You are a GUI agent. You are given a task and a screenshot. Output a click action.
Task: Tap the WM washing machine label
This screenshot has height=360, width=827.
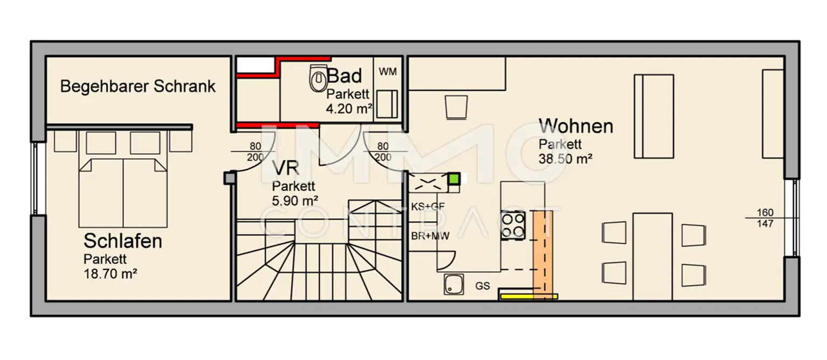point(388,72)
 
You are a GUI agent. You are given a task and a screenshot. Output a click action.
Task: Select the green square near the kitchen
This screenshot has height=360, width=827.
point(454,179)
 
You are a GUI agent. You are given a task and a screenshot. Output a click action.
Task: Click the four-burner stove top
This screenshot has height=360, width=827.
point(513,225)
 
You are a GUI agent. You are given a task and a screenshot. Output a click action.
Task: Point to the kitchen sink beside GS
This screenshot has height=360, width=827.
point(454,284)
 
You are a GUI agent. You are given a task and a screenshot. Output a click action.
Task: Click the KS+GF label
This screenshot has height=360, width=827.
point(428,207)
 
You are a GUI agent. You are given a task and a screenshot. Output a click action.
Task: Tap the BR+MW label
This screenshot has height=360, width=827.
point(430,236)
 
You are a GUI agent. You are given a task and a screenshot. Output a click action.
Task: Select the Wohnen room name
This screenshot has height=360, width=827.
point(576,126)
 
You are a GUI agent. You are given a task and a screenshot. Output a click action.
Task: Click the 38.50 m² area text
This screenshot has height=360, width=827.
point(565,159)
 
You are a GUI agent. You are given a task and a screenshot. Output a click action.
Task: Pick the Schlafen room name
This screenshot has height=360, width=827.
point(123,241)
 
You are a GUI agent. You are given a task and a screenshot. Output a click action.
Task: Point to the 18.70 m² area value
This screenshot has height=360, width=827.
point(110,274)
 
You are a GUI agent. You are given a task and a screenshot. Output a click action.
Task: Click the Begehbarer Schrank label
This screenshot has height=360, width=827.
point(138,86)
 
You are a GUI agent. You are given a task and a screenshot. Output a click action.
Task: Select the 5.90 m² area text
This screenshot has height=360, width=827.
point(295,201)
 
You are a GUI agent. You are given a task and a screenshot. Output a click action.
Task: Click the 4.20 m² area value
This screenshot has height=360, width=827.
point(349,109)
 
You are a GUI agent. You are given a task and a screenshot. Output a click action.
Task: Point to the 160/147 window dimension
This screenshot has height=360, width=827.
point(765,218)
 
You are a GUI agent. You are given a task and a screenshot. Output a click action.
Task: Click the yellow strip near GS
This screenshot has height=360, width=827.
point(529,296)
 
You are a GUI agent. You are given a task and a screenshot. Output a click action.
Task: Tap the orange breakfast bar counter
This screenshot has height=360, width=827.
point(543,255)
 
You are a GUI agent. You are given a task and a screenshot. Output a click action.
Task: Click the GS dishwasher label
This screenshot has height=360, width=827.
point(482,286)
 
